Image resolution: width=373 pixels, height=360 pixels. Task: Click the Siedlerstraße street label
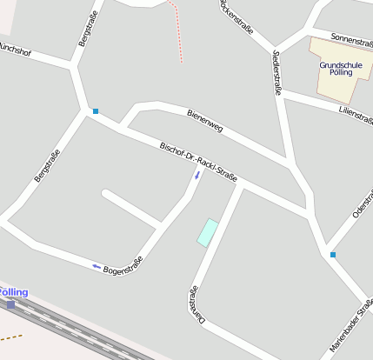(x=277, y=72)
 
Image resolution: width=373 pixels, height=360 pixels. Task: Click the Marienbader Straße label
(x=351, y=326)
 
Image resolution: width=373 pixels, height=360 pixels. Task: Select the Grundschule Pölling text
(x=341, y=70)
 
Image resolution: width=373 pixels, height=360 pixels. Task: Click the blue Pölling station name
(x=13, y=292)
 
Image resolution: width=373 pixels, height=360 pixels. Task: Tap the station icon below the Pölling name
(x=10, y=305)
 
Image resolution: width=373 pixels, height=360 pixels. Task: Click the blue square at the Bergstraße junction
(x=96, y=111)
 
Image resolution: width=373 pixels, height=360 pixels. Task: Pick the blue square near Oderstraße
(x=332, y=255)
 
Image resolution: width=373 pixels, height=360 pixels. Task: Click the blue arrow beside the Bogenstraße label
(x=97, y=266)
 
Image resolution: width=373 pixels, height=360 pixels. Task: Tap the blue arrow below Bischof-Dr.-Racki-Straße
(x=197, y=176)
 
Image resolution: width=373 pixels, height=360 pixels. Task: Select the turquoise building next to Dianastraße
(x=207, y=232)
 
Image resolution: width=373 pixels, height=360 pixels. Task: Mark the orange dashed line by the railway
(x=10, y=337)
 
